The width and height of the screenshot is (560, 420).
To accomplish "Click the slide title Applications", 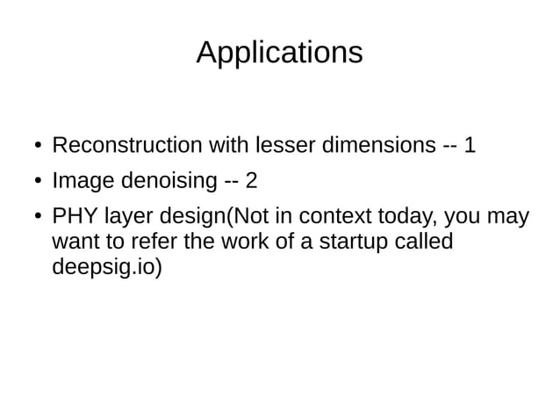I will coord(279,53).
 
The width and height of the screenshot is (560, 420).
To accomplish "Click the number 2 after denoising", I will coord(251,181).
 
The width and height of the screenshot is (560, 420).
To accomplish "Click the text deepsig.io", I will coord(106,267).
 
